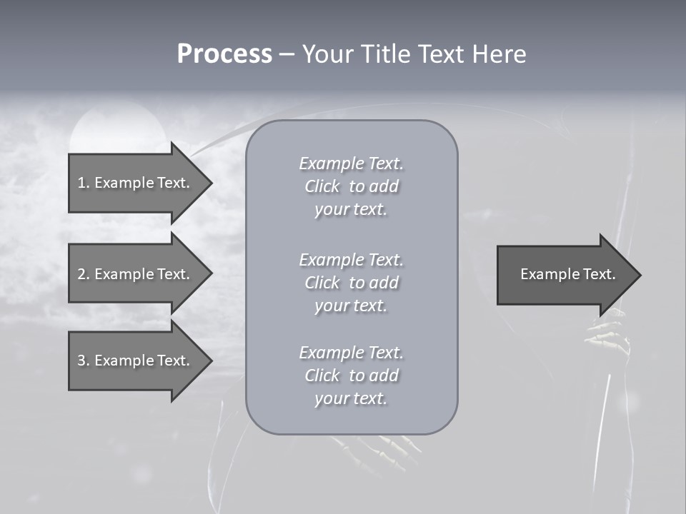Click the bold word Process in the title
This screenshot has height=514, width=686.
pos(224,54)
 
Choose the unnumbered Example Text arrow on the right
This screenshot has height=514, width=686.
pos(567,274)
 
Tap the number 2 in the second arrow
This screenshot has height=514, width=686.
pos(81,274)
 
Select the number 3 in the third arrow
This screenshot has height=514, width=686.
pos(81,361)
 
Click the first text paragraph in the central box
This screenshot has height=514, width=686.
pos(351,186)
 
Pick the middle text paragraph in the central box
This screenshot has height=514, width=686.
pos(351,283)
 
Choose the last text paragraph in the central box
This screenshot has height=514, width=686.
pos(351,376)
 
